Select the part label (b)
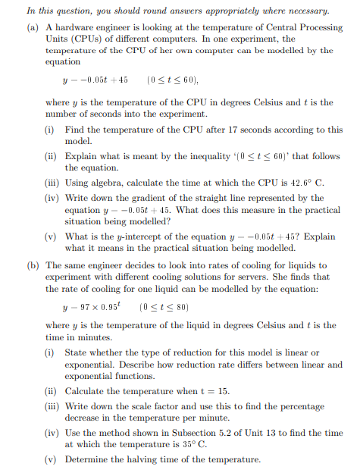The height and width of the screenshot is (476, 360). coord(34,266)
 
